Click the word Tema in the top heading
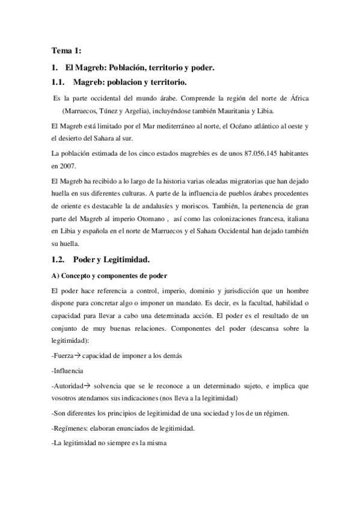coord(61,51)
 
